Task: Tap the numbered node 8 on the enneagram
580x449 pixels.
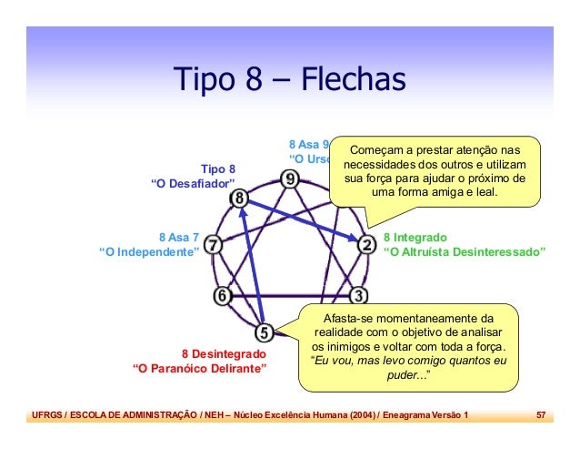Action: point(239,198)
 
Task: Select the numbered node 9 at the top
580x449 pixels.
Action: point(289,179)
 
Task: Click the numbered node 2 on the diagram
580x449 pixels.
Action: point(366,244)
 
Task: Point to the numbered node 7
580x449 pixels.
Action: point(211,246)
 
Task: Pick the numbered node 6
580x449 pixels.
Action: point(222,295)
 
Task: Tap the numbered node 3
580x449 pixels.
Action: point(359,295)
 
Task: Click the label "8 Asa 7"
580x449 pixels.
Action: point(178,236)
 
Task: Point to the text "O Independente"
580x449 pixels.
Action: point(149,251)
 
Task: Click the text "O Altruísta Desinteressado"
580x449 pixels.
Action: point(465,251)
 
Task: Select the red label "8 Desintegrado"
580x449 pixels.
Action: point(224,352)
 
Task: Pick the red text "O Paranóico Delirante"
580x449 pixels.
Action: point(200,369)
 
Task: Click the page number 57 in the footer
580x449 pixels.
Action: point(540,415)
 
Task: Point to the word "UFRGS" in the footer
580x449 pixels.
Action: point(46,415)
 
